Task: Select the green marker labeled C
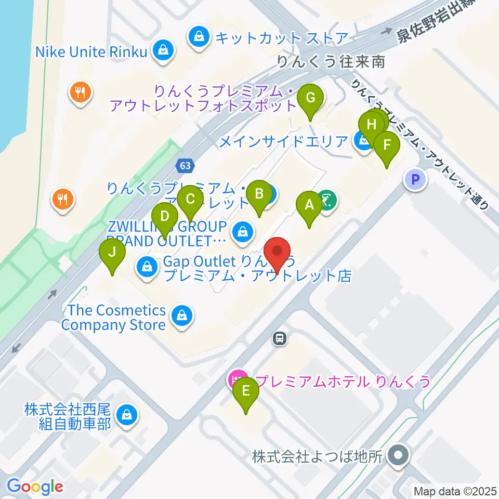(190, 199)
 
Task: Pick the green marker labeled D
(165, 216)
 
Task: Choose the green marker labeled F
(386, 146)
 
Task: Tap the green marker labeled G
(310, 98)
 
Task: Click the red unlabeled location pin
(277, 253)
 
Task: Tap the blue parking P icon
(415, 180)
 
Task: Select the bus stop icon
(280, 339)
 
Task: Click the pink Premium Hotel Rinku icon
(238, 378)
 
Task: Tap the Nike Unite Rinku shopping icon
(163, 50)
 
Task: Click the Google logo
(35, 487)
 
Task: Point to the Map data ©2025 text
(455, 491)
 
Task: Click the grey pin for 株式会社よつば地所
(399, 456)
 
